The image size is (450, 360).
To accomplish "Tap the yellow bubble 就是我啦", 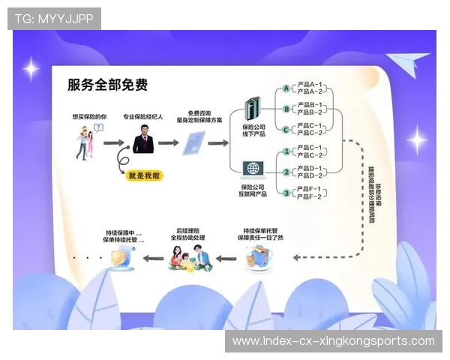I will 144,175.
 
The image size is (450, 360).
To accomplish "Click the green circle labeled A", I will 286,88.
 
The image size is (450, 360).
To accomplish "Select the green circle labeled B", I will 286,109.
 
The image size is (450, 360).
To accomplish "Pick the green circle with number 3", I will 286,193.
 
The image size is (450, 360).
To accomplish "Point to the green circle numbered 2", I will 286,172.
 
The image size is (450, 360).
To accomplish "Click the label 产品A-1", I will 310,85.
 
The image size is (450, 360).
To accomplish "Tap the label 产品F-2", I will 310,197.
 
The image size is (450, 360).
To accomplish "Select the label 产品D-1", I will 310,169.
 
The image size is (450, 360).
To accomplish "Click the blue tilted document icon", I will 195,142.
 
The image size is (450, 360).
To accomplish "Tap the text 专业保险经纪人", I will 143,117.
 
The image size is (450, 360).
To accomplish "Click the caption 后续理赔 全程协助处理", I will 190,234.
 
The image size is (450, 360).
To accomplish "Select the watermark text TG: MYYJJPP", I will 54,18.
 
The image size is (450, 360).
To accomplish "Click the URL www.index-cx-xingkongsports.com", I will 333,340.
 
